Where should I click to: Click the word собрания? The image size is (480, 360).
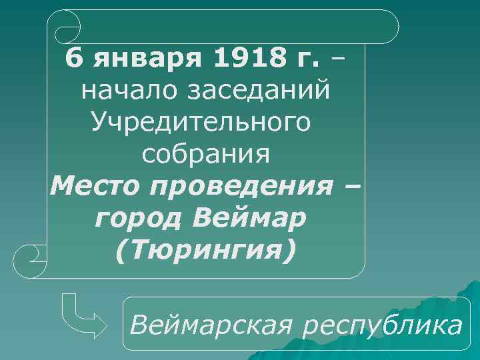206,155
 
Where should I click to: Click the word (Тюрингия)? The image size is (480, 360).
205,251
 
